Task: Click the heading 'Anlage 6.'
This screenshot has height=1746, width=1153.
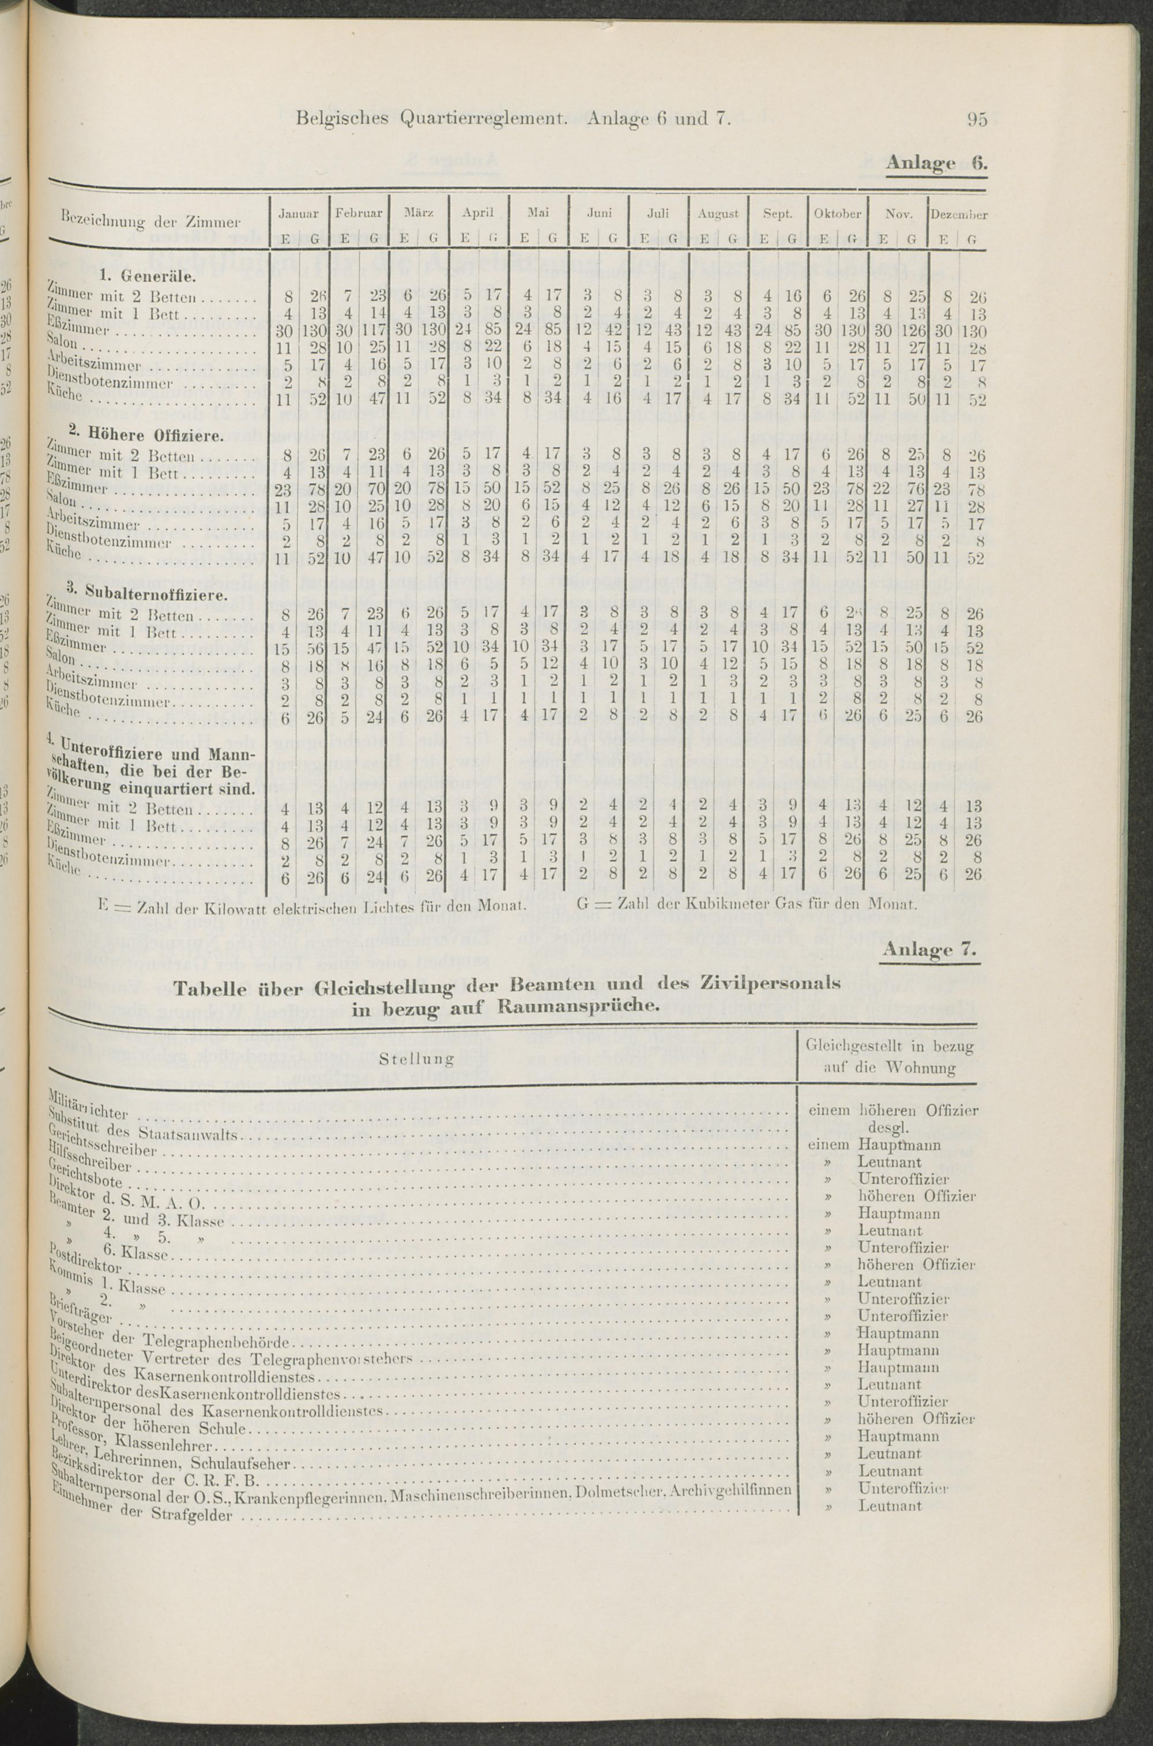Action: tap(936, 163)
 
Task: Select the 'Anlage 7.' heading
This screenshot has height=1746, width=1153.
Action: tap(929, 950)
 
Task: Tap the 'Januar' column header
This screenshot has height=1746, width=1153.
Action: tap(299, 213)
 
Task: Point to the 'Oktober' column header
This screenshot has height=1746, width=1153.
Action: tap(838, 213)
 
